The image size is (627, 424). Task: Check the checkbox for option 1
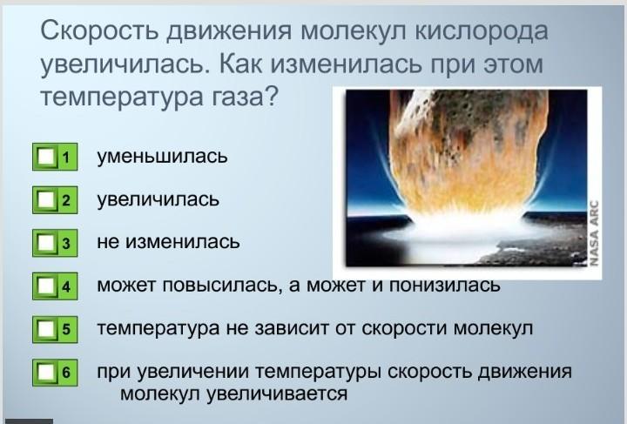pos(46,157)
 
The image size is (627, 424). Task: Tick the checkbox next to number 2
pos(46,200)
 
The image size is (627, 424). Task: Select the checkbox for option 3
pos(46,243)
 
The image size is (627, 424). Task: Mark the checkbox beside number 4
pos(46,286)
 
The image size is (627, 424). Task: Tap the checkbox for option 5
pos(46,329)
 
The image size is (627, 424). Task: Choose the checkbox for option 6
pos(46,373)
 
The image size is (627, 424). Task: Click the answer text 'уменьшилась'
pos(162,156)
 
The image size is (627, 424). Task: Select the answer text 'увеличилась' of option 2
pos(158,199)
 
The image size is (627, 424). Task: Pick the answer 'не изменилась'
pos(168,242)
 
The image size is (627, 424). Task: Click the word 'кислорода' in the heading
pos(481,31)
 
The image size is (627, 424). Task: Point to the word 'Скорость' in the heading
pos(99,30)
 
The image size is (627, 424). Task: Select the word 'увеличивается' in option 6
pos(277,394)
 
